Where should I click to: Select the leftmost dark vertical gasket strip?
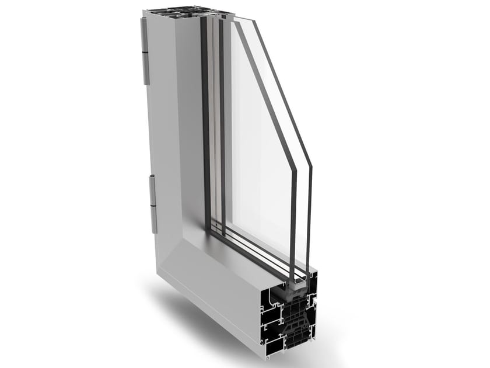205,117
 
